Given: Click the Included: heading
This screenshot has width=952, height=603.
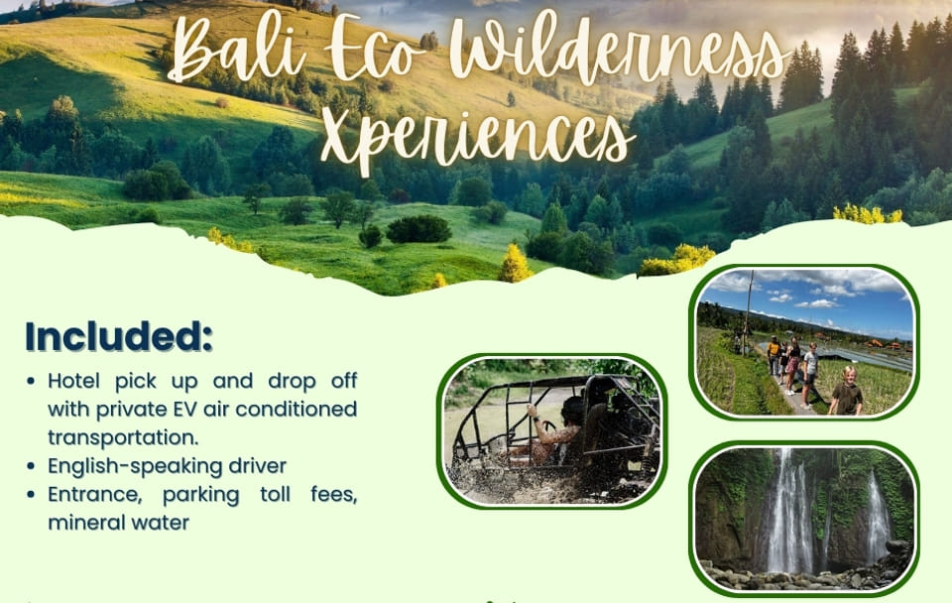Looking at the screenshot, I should coord(119,336).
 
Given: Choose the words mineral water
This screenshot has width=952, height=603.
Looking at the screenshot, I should coord(118,522).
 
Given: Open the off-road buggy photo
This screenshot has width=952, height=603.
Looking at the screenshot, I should coord(551,431).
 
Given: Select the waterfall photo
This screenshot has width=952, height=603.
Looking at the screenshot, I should coord(803,518).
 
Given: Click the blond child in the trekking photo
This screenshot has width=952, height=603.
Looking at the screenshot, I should coord(847,391).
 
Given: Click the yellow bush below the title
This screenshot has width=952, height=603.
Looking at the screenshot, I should coord(514,265).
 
